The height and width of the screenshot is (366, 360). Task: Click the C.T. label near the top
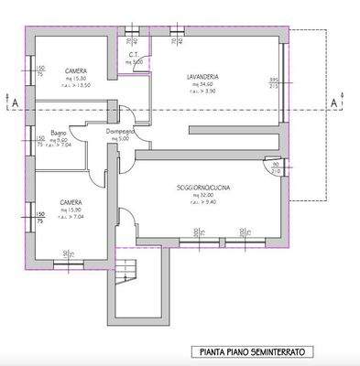[x=133, y=55]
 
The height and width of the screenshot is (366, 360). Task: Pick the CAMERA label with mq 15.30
[x=75, y=70]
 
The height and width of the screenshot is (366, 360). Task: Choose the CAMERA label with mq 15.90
[x=71, y=202]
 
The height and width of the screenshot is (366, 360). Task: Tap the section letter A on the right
[x=332, y=103]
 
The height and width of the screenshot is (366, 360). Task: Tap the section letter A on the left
[x=10, y=103]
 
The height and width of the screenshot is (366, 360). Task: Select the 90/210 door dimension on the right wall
[x=276, y=167]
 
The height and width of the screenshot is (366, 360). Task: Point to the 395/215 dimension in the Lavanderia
[x=272, y=83]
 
